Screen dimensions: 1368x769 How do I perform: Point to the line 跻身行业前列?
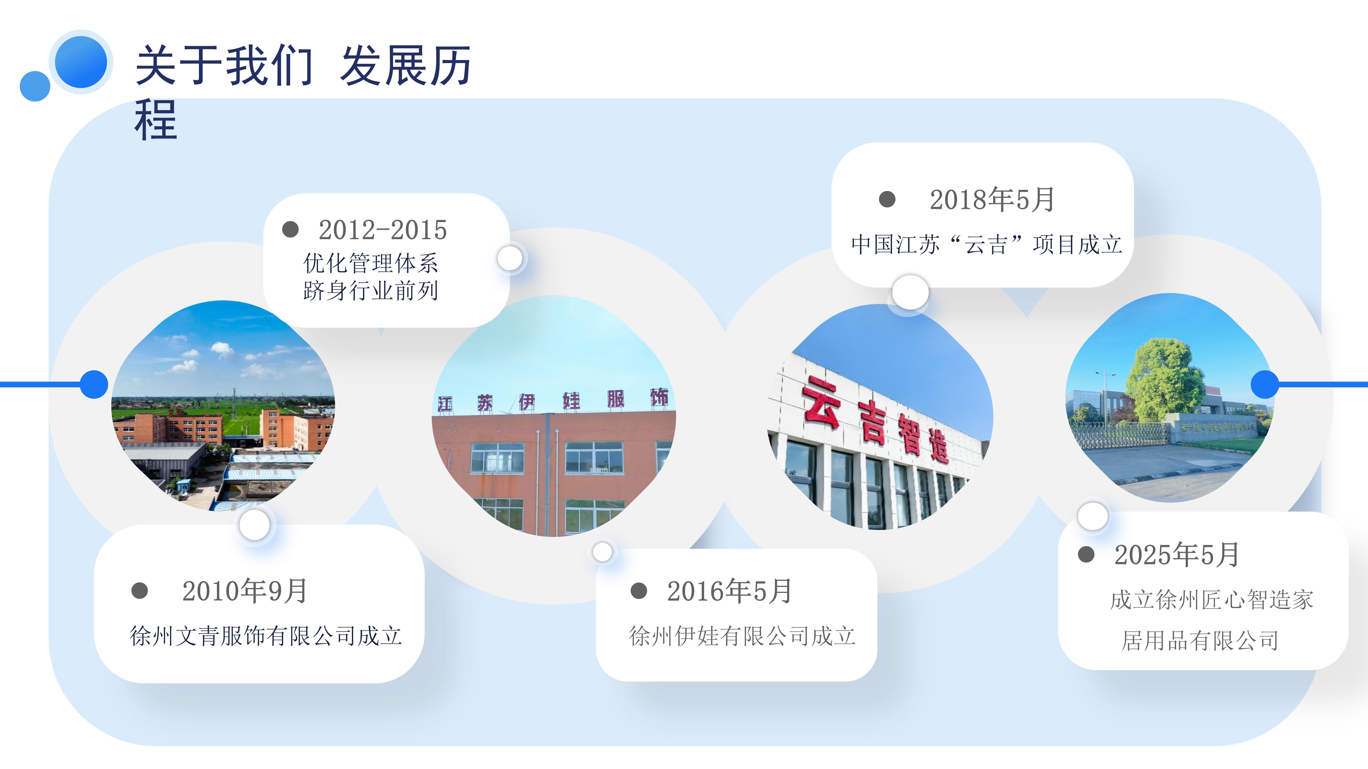pyautogui.click(x=371, y=290)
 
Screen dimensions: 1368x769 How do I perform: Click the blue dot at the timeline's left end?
pyautogui.click(x=94, y=384)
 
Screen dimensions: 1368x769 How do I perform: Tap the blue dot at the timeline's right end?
pyautogui.click(x=1265, y=384)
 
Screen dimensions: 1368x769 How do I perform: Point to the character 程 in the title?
pyautogui.click(x=156, y=120)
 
